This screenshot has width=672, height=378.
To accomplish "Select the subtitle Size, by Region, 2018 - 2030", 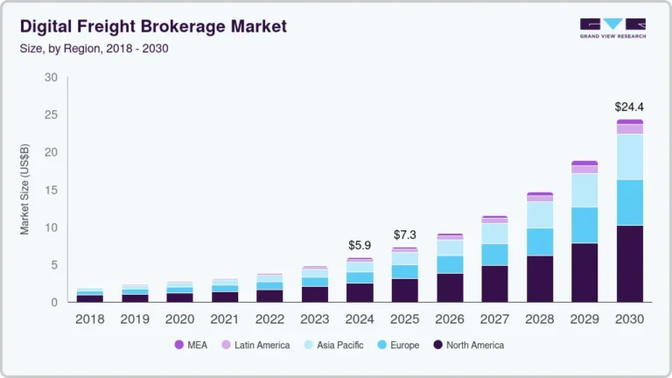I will point(94,48).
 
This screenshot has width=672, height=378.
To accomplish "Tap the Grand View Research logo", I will point(612,28).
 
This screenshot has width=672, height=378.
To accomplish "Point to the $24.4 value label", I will point(630,108).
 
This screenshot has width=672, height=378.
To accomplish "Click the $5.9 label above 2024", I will point(360,246).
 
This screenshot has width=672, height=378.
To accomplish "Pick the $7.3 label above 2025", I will point(405,235).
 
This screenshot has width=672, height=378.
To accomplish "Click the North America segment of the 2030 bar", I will point(630,263).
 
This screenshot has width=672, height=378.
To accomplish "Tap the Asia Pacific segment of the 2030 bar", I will point(630,157).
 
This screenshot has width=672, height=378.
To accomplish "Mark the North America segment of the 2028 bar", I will point(540,278).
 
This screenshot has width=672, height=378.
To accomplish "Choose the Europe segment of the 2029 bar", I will point(584,225).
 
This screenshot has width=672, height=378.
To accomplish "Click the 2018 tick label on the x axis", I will point(90,319).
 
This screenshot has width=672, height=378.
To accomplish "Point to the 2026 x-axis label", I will point(450,319).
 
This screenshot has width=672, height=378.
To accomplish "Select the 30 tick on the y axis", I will point(51,78).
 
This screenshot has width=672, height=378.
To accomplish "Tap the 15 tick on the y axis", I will point(51,190).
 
